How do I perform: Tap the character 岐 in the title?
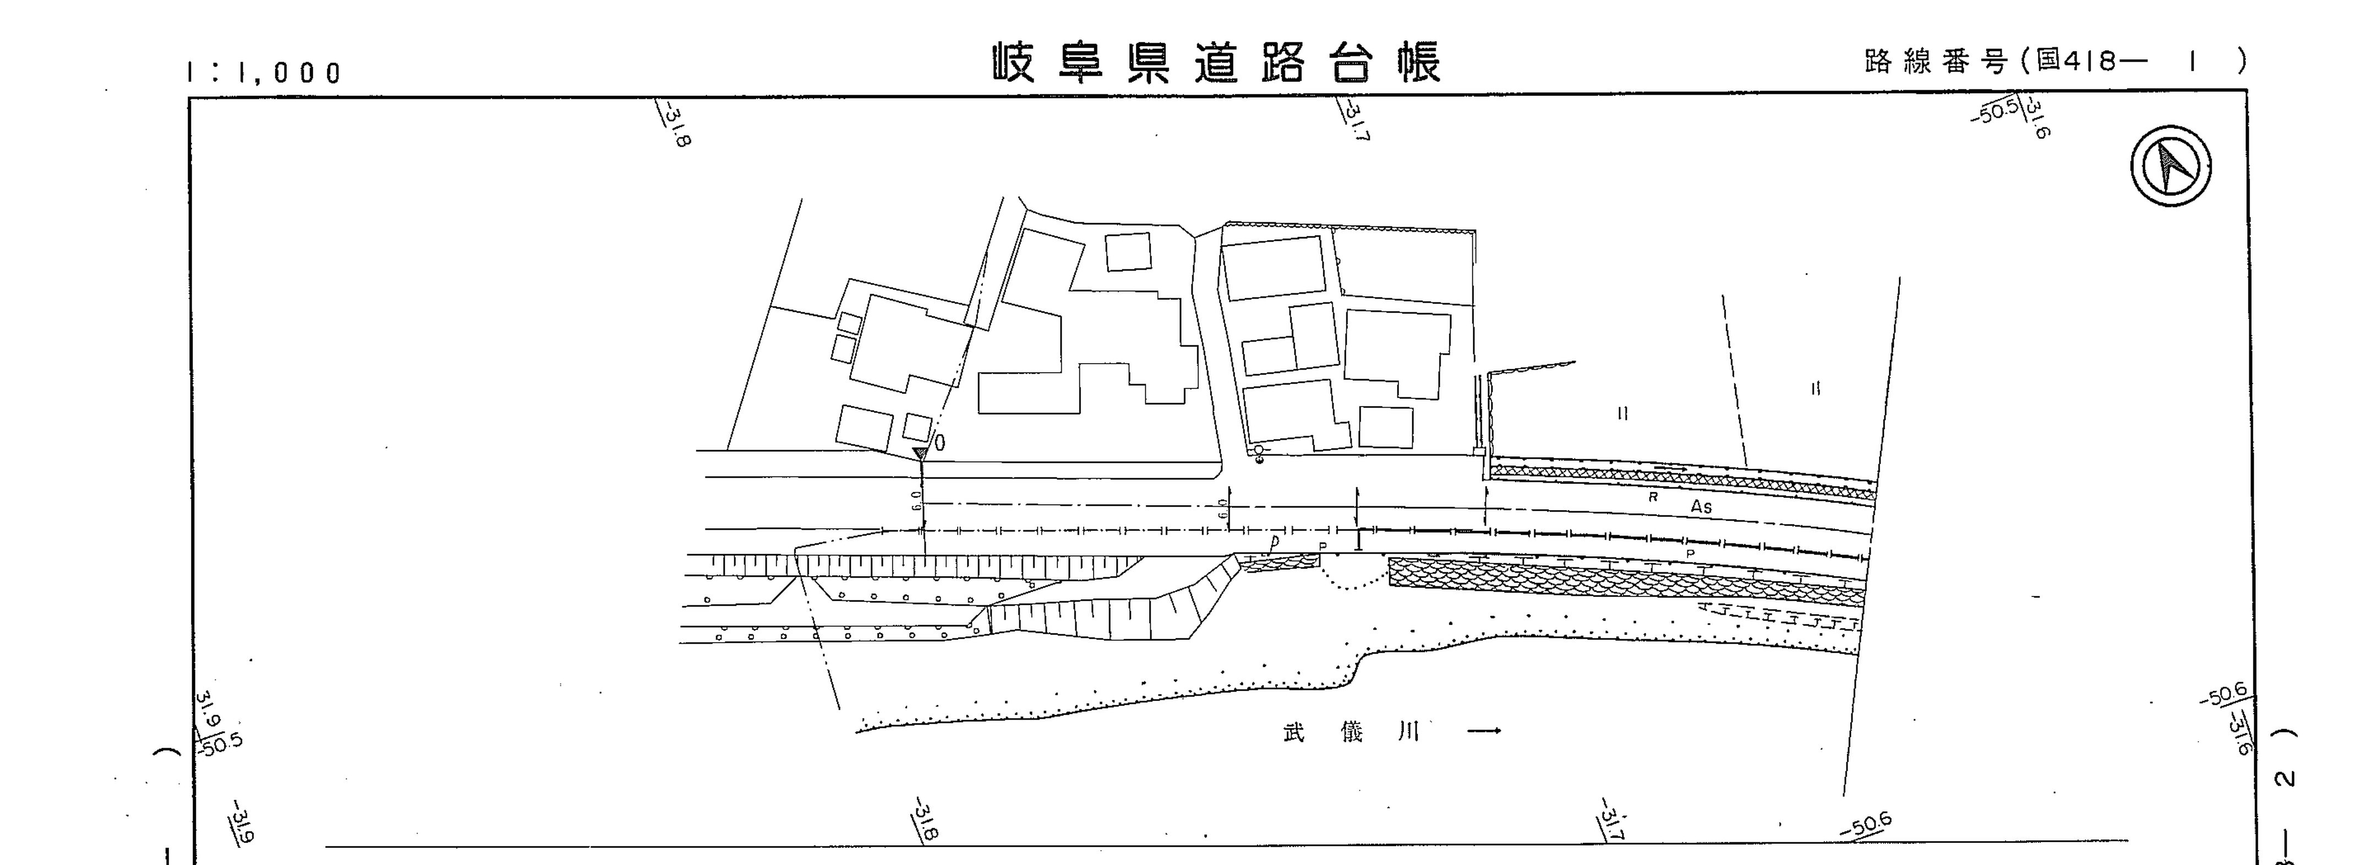point(1014,62)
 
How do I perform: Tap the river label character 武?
point(1293,732)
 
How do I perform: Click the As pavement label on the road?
point(1701,507)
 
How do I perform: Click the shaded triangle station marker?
point(920,453)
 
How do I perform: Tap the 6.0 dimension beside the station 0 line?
point(916,501)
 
